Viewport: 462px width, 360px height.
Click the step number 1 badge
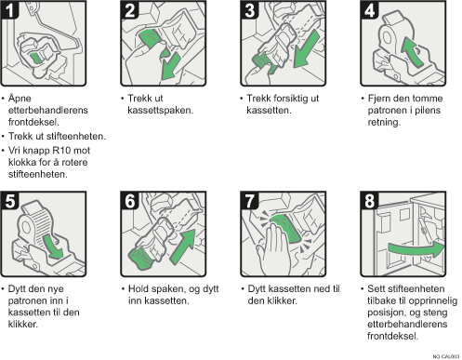[x=9, y=10]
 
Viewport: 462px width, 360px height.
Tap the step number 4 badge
[x=369, y=10]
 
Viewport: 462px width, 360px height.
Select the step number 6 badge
[x=129, y=201]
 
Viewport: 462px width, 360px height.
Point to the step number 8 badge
[x=369, y=201]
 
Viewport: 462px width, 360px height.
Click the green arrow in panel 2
[x=170, y=67]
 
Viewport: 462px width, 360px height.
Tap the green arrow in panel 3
[x=305, y=49]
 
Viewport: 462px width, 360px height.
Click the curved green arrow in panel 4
[x=412, y=51]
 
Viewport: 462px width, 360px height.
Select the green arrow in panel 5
[x=53, y=247]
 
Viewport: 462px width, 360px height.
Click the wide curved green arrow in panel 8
[x=416, y=248]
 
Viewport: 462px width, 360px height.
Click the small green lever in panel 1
[x=35, y=58]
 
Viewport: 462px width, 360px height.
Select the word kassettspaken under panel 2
[x=161, y=110]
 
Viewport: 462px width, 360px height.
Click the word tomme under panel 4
[x=426, y=99]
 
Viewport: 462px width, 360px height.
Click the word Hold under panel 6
[x=139, y=288]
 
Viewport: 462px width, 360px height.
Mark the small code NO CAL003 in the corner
[x=446, y=356]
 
